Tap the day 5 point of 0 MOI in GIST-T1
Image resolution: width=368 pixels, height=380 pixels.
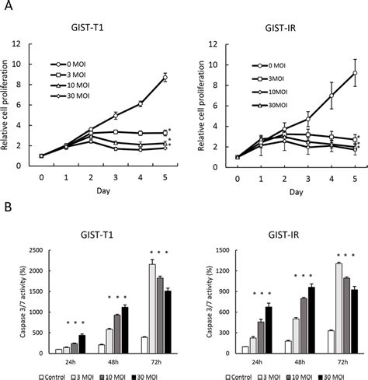tap(165, 77)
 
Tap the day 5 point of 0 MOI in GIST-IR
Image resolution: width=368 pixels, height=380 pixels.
tap(354, 73)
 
